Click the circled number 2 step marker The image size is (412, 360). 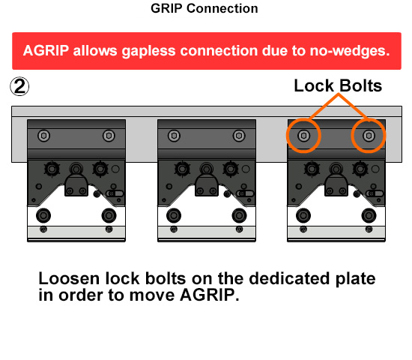click(x=19, y=86)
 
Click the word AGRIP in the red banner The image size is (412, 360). click(x=46, y=50)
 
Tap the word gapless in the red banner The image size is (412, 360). click(x=148, y=51)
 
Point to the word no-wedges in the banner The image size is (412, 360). click(x=350, y=51)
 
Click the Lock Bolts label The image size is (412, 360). click(x=338, y=85)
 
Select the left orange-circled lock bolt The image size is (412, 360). click(x=303, y=136)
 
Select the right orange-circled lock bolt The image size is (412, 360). click(x=369, y=136)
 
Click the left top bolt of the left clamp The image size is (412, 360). click(x=44, y=136)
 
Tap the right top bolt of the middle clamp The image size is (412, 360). click(x=239, y=136)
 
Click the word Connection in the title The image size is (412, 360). click(x=222, y=8)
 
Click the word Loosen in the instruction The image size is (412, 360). click(x=69, y=278)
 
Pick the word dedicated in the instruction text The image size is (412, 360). click(x=289, y=278)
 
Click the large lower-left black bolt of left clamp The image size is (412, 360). click(x=43, y=215)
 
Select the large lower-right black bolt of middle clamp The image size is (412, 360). click(x=239, y=215)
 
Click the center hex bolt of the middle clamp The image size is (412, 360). click(x=206, y=169)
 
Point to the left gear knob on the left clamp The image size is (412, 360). click(x=52, y=169)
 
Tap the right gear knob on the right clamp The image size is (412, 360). click(x=360, y=169)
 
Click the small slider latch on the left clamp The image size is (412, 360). click(x=115, y=193)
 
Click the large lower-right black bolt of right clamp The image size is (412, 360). click(x=369, y=215)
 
